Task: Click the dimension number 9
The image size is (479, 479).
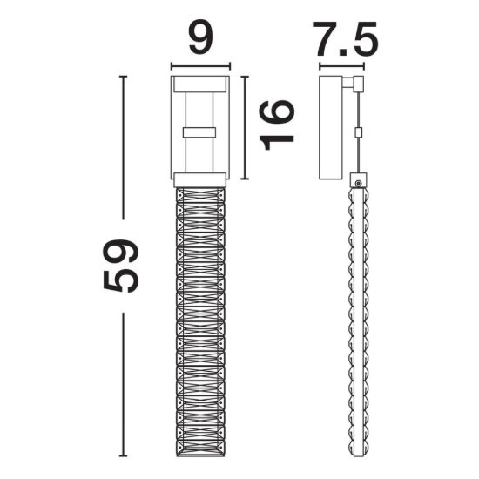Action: point(200,38)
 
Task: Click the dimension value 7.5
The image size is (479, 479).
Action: point(345,39)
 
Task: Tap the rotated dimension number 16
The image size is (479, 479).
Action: point(277,125)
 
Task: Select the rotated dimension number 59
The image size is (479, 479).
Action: point(121,266)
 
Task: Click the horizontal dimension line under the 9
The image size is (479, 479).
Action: point(200,65)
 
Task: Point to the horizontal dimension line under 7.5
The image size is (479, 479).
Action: point(342,66)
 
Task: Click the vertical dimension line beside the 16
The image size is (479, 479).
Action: point(245,127)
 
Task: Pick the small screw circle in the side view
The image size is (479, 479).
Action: point(358,183)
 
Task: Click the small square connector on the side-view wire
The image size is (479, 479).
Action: point(358,132)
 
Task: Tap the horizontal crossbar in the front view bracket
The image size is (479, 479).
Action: point(199,132)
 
